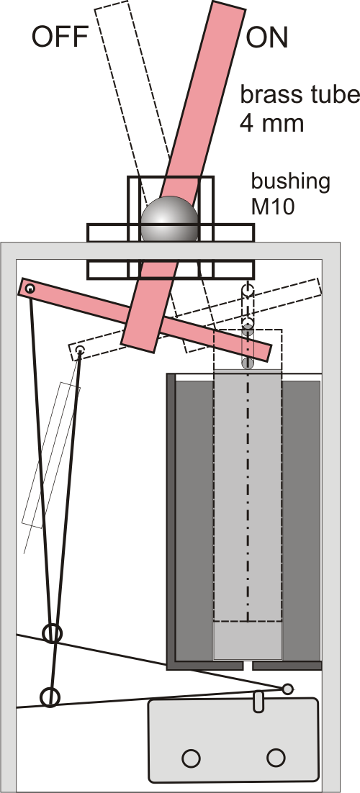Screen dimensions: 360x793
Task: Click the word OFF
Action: coord(60,37)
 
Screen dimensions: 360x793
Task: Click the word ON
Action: coord(267,37)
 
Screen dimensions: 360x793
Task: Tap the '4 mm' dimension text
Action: coord(272,122)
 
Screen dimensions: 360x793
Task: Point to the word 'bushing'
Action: coord(291,182)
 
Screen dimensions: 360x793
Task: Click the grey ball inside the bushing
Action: coord(169,219)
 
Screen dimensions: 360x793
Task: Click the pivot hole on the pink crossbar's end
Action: coord(30,289)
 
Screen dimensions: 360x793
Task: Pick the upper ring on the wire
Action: coord(52,633)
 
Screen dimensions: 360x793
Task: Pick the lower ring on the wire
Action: coord(50,697)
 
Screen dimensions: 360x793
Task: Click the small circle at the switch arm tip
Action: coord(287,689)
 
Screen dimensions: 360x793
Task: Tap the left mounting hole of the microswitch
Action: coord(190,758)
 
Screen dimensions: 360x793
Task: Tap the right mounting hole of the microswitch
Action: coord(276,758)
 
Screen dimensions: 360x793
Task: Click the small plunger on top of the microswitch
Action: coord(258,702)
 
